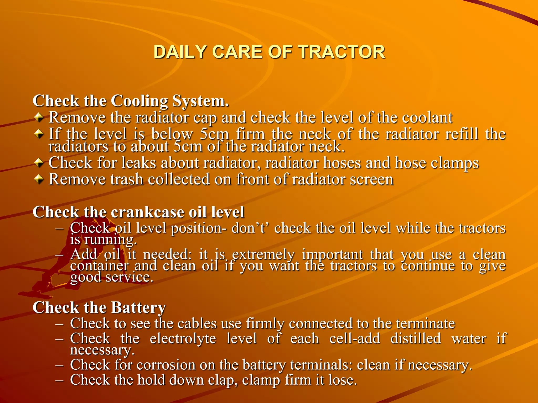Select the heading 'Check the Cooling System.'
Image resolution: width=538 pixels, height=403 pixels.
tap(131, 101)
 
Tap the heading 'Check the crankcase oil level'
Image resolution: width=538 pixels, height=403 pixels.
tap(138, 212)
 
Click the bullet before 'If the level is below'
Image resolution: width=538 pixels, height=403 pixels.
tap(39, 134)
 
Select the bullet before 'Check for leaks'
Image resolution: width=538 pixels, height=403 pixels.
tap(39, 163)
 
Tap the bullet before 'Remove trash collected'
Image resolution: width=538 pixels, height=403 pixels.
tap(39, 179)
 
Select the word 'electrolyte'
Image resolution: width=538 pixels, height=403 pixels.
tap(183, 338)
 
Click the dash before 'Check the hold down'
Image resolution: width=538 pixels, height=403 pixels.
tap(60, 380)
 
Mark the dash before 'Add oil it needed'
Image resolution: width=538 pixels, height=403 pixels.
tap(60, 255)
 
